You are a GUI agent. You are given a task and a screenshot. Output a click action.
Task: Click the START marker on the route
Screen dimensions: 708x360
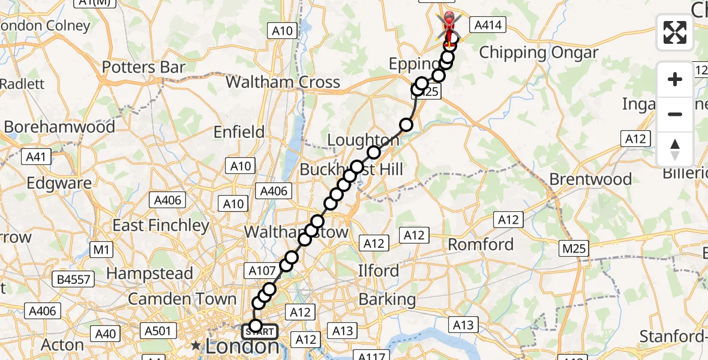(260, 331)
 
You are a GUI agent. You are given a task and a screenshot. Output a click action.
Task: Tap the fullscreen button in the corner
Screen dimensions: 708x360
(675, 32)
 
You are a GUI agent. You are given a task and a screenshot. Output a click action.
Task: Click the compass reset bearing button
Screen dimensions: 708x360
(675, 149)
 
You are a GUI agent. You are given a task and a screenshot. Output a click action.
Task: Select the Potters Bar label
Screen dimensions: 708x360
(143, 67)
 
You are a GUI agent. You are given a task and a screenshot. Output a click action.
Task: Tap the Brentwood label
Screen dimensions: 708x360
(590, 179)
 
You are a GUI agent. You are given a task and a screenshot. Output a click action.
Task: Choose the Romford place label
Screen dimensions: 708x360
(481, 244)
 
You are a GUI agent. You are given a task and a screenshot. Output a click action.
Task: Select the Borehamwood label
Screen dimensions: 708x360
(59, 127)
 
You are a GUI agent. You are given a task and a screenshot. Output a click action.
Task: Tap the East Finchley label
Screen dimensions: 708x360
(161, 226)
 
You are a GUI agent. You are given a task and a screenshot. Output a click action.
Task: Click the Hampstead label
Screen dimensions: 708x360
(149, 274)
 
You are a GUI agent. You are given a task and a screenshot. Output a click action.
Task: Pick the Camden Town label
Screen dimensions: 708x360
(182, 298)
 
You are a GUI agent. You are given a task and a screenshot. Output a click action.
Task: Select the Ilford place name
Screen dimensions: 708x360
(378, 271)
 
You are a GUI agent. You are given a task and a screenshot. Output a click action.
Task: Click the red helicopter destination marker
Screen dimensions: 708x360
(449, 24)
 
